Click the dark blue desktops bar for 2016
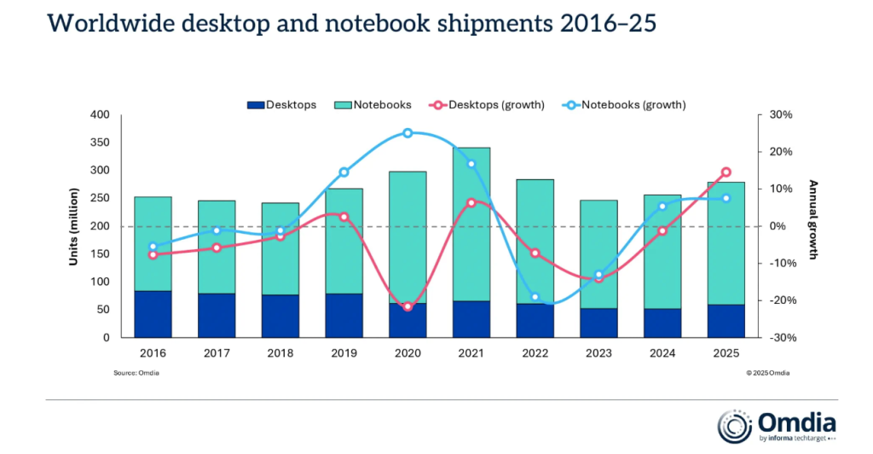(153, 314)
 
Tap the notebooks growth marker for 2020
(408, 133)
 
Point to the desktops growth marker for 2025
(726, 172)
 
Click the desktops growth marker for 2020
(408, 306)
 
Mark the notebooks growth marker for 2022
(535, 297)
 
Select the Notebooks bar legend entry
(374, 105)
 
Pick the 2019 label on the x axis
(344, 352)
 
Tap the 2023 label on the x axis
(598, 352)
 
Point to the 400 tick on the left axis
(101, 115)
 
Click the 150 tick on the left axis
(101, 254)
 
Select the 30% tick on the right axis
(781, 115)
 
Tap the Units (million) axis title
(74, 226)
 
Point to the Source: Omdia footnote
(136, 373)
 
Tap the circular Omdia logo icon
(735, 426)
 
